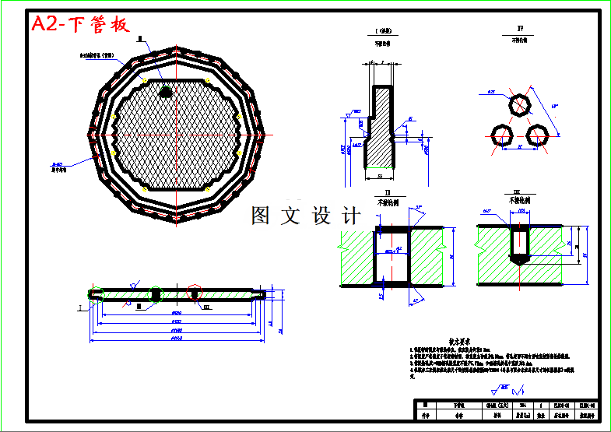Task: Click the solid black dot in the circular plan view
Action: [166, 92]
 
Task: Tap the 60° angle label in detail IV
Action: [554, 104]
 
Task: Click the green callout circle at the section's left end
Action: [96, 293]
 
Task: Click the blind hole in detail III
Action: [519, 245]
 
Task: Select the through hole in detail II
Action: [392, 257]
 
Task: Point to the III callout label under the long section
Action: [206, 307]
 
